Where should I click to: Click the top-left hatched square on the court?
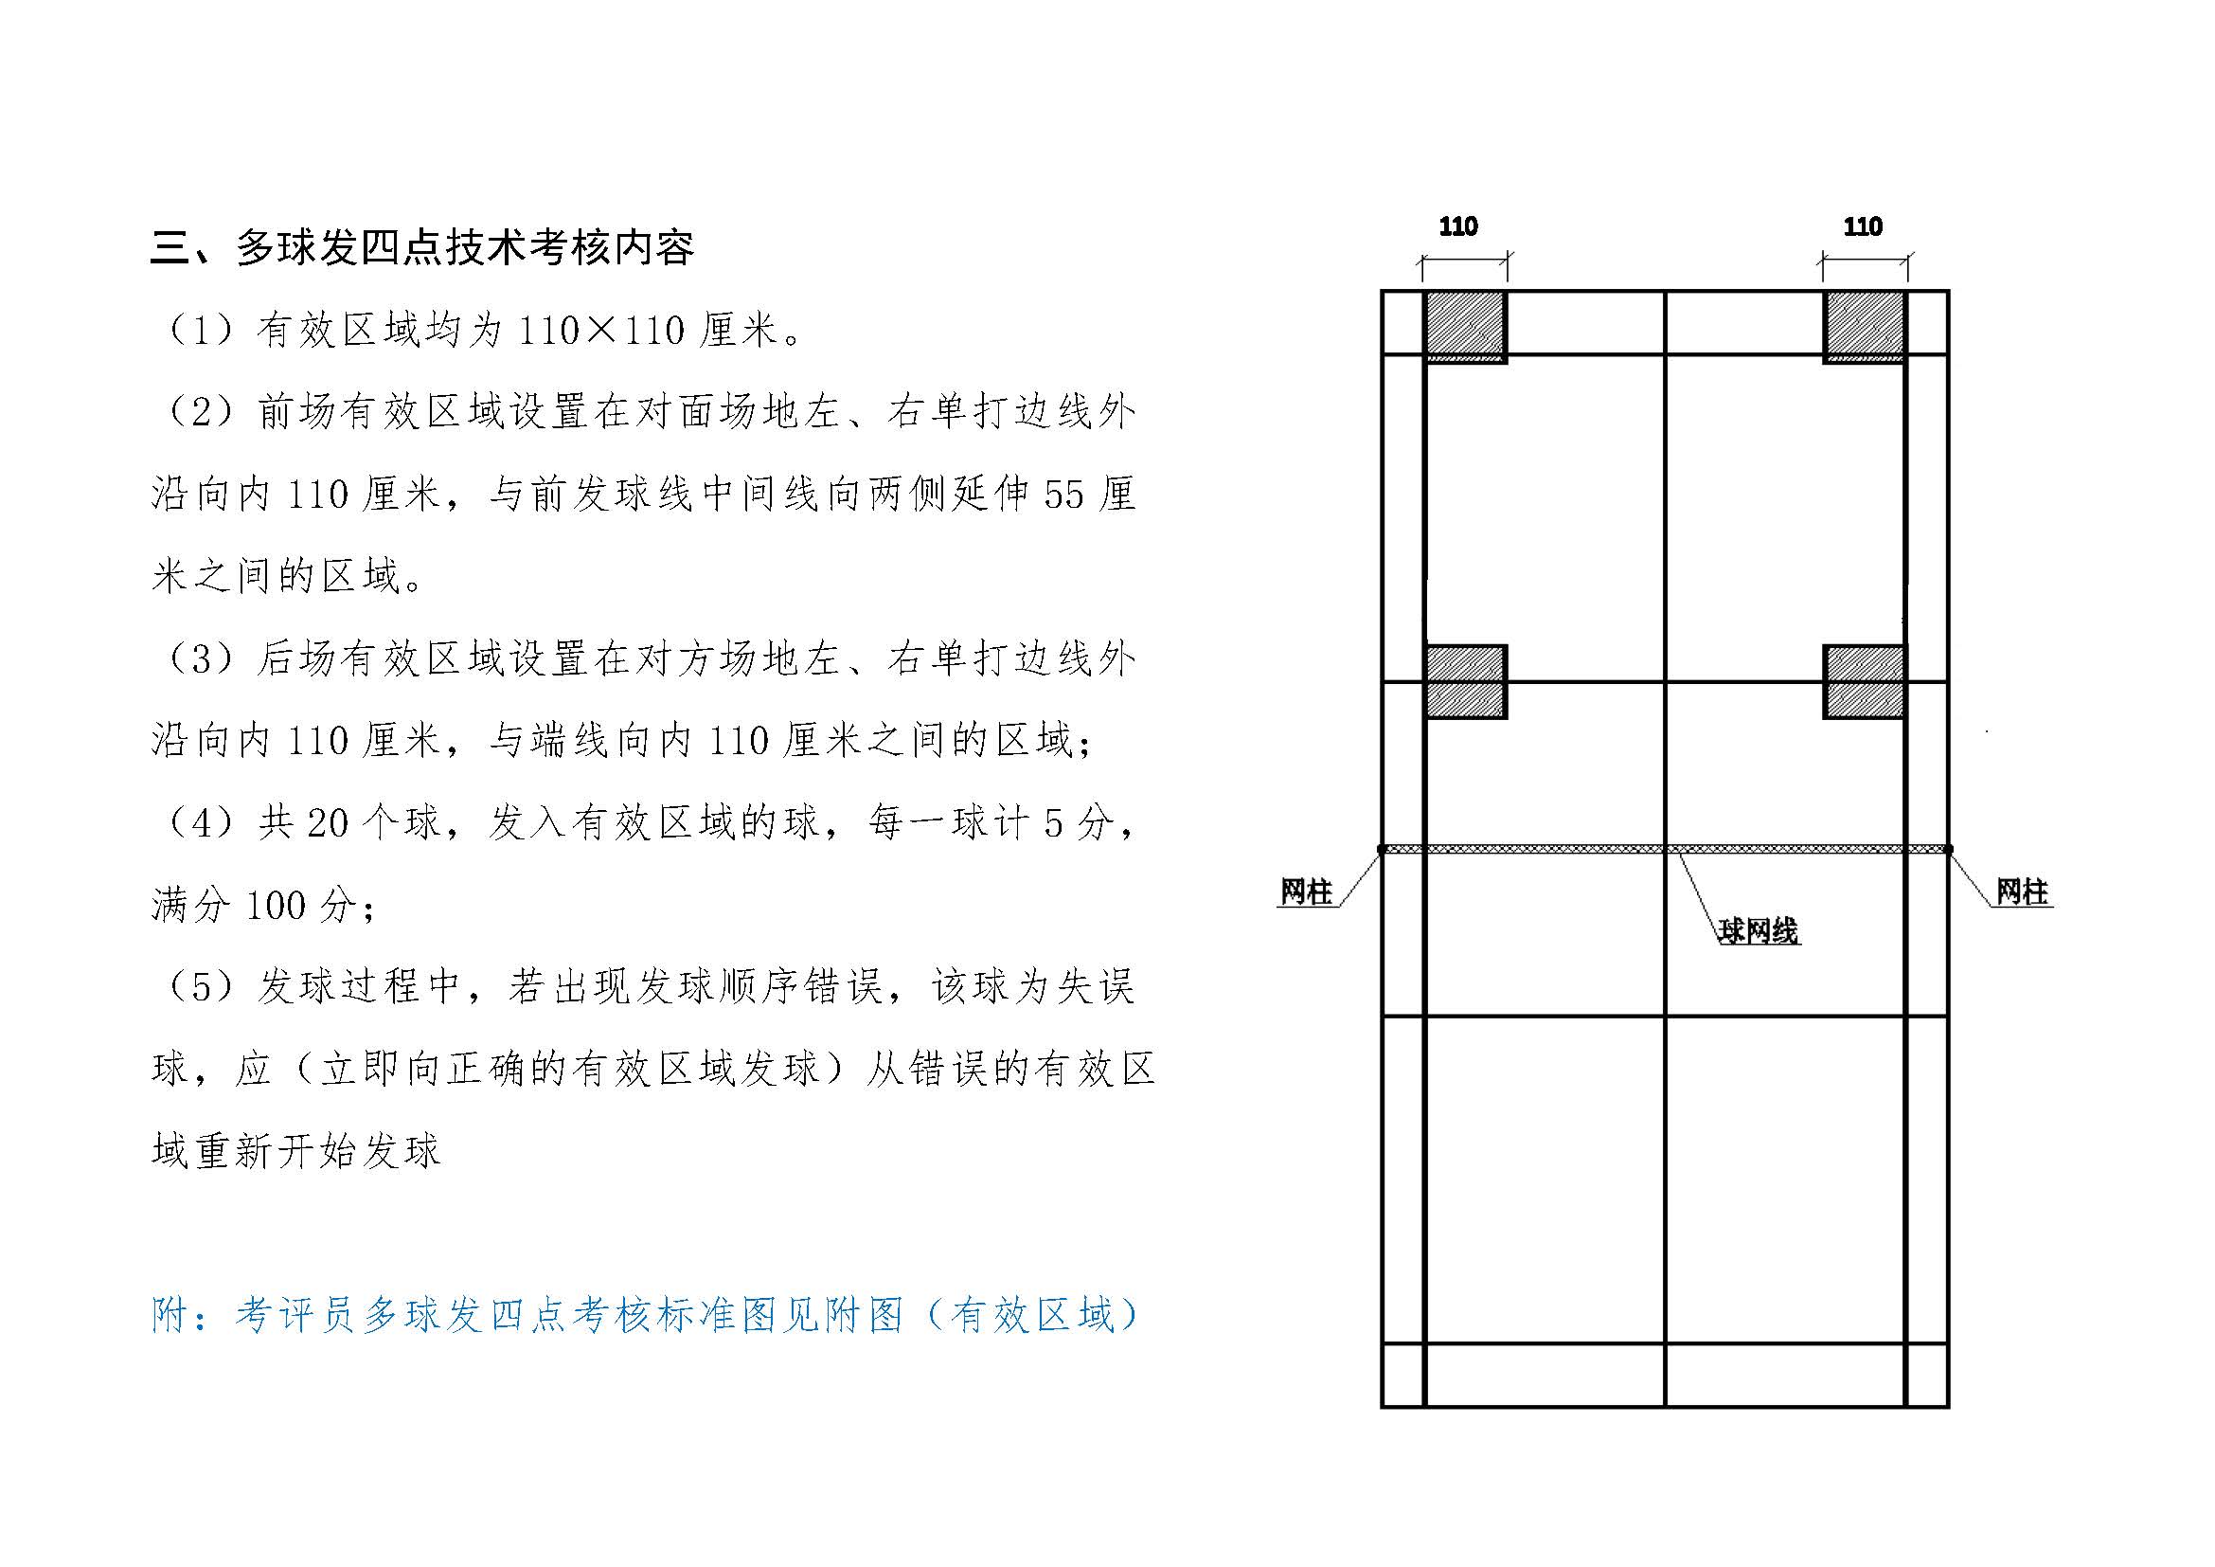coord(1465,327)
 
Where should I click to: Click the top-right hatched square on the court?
coord(1864,327)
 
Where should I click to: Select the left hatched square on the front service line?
coord(1465,682)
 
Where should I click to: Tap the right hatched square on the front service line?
coord(1864,682)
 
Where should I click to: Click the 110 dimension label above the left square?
coord(1457,226)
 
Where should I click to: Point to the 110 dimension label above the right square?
coord(1862,226)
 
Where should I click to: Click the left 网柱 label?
coord(1305,892)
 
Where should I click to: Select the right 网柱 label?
coord(2022,892)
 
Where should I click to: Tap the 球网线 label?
coord(1759,931)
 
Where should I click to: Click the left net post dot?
coord(1382,849)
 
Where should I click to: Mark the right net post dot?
coord(1948,849)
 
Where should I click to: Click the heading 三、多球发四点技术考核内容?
coord(422,248)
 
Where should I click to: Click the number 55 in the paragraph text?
coord(1064,495)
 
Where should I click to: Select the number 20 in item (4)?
coord(328,823)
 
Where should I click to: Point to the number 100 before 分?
coord(277,905)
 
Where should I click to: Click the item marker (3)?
coord(201,659)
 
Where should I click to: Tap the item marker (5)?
coord(201,987)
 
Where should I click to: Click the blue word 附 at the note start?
coord(170,1316)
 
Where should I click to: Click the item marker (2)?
coord(201,413)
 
